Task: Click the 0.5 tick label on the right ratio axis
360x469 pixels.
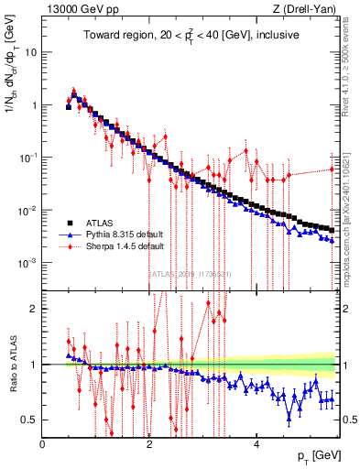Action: tap(348, 420)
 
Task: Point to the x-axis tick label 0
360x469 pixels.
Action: tap(42, 445)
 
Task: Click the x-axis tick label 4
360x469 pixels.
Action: tap(256, 445)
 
